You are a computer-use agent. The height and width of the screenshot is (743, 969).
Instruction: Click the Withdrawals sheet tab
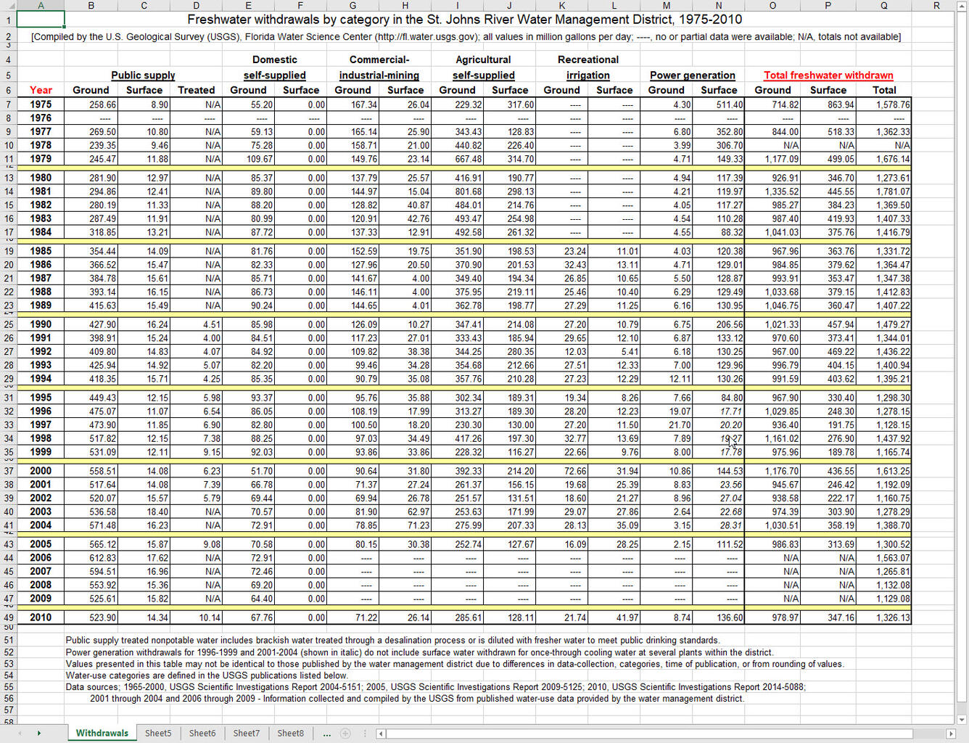pyautogui.click(x=102, y=733)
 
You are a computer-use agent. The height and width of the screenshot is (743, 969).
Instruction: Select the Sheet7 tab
pyautogui.click(x=246, y=733)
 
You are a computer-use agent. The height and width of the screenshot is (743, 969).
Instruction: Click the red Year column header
pyautogui.click(x=41, y=90)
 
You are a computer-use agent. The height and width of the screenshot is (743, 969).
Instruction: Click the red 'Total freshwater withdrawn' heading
pyautogui.click(x=828, y=75)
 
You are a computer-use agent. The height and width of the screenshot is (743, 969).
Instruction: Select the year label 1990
pyautogui.click(x=41, y=324)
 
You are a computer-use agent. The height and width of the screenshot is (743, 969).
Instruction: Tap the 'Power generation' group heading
pyautogui.click(x=692, y=75)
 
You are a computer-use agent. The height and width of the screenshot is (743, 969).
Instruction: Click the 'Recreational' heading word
pyautogui.click(x=587, y=59)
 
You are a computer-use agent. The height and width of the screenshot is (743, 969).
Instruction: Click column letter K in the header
pyautogui.click(x=561, y=5)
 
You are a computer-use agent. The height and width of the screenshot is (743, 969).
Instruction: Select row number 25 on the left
pyautogui.click(x=9, y=324)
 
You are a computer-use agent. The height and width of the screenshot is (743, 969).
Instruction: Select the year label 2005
pyautogui.click(x=41, y=544)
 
